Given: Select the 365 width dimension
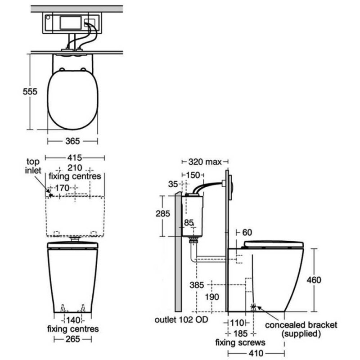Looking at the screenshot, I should (72, 141).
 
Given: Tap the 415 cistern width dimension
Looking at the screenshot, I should (76, 158).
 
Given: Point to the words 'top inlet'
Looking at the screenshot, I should (34, 166).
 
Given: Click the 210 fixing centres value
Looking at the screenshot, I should (75, 168).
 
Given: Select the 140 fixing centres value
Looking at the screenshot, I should (73, 320).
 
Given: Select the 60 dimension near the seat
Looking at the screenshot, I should (247, 232).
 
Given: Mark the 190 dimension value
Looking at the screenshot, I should (211, 297).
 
